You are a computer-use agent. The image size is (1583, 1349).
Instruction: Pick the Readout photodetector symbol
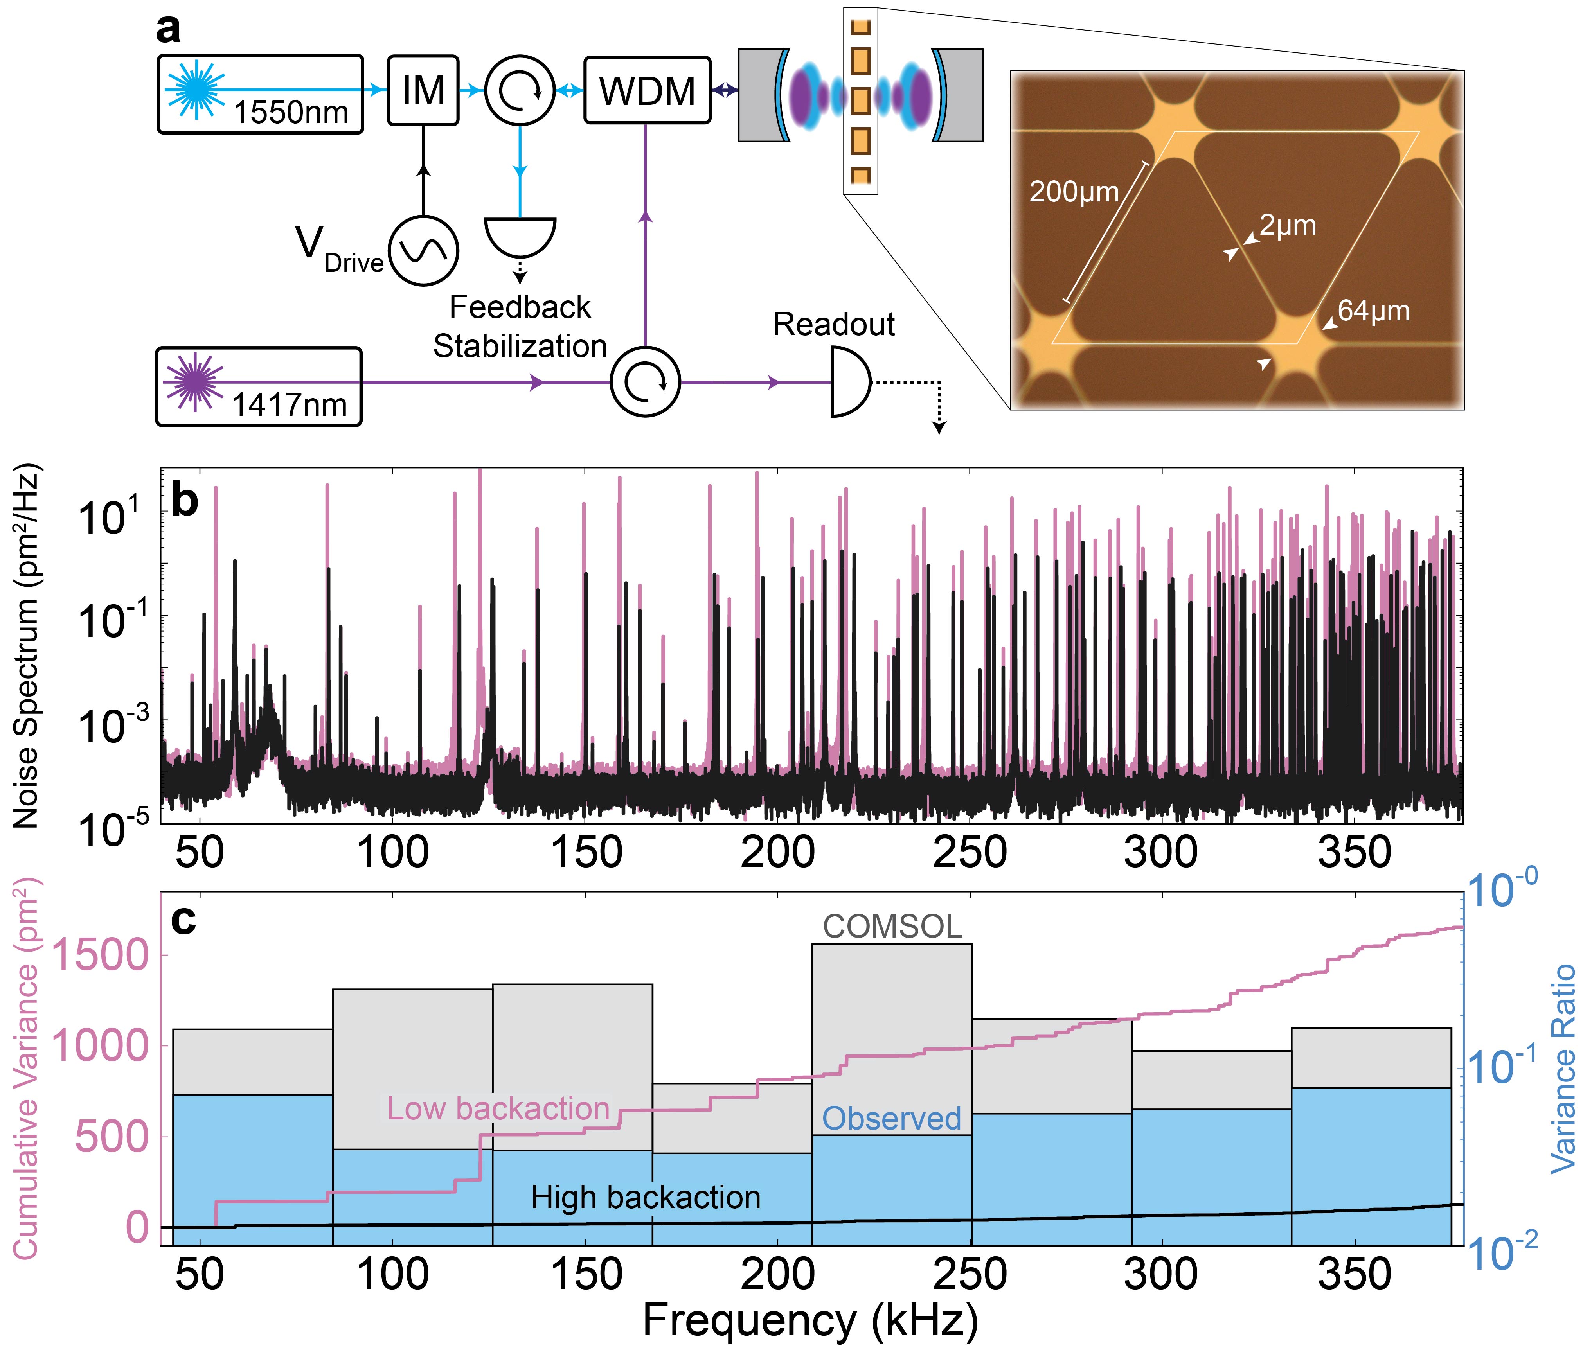(x=849, y=382)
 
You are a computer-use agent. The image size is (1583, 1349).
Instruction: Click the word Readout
(x=833, y=325)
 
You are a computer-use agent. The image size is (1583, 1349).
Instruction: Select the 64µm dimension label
(x=1373, y=311)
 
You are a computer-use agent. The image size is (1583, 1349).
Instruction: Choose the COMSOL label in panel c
(x=892, y=927)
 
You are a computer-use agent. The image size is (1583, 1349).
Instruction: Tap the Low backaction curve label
(x=498, y=1108)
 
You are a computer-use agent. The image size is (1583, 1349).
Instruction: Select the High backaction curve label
(x=646, y=1197)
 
